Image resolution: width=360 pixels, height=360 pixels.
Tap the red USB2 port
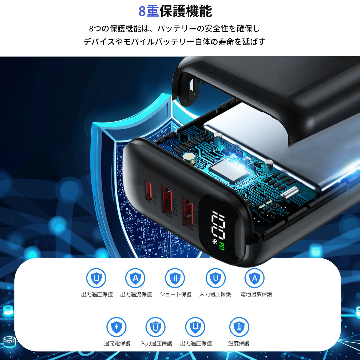tap(167, 202)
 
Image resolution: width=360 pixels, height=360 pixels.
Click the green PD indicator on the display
tap(221, 246)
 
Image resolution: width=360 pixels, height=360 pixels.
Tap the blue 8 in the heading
tap(142, 11)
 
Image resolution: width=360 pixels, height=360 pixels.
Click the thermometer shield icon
tap(239, 327)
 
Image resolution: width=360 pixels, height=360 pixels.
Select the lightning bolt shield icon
tap(116, 327)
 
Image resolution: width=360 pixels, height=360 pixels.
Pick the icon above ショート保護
tap(175, 278)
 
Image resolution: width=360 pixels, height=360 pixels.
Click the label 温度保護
tap(239, 343)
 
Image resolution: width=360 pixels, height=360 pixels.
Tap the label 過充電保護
tap(117, 343)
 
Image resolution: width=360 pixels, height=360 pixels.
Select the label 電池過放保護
tap(256, 294)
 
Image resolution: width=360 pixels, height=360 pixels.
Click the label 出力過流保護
tap(136, 294)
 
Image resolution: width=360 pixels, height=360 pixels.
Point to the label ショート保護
tap(176, 294)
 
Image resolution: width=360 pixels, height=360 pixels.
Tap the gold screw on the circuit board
tap(189, 157)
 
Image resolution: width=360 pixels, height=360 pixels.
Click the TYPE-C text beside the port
tap(154, 195)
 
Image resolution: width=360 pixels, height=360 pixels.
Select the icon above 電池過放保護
tap(254, 278)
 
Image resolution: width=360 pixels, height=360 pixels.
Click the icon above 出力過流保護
tap(135, 278)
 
